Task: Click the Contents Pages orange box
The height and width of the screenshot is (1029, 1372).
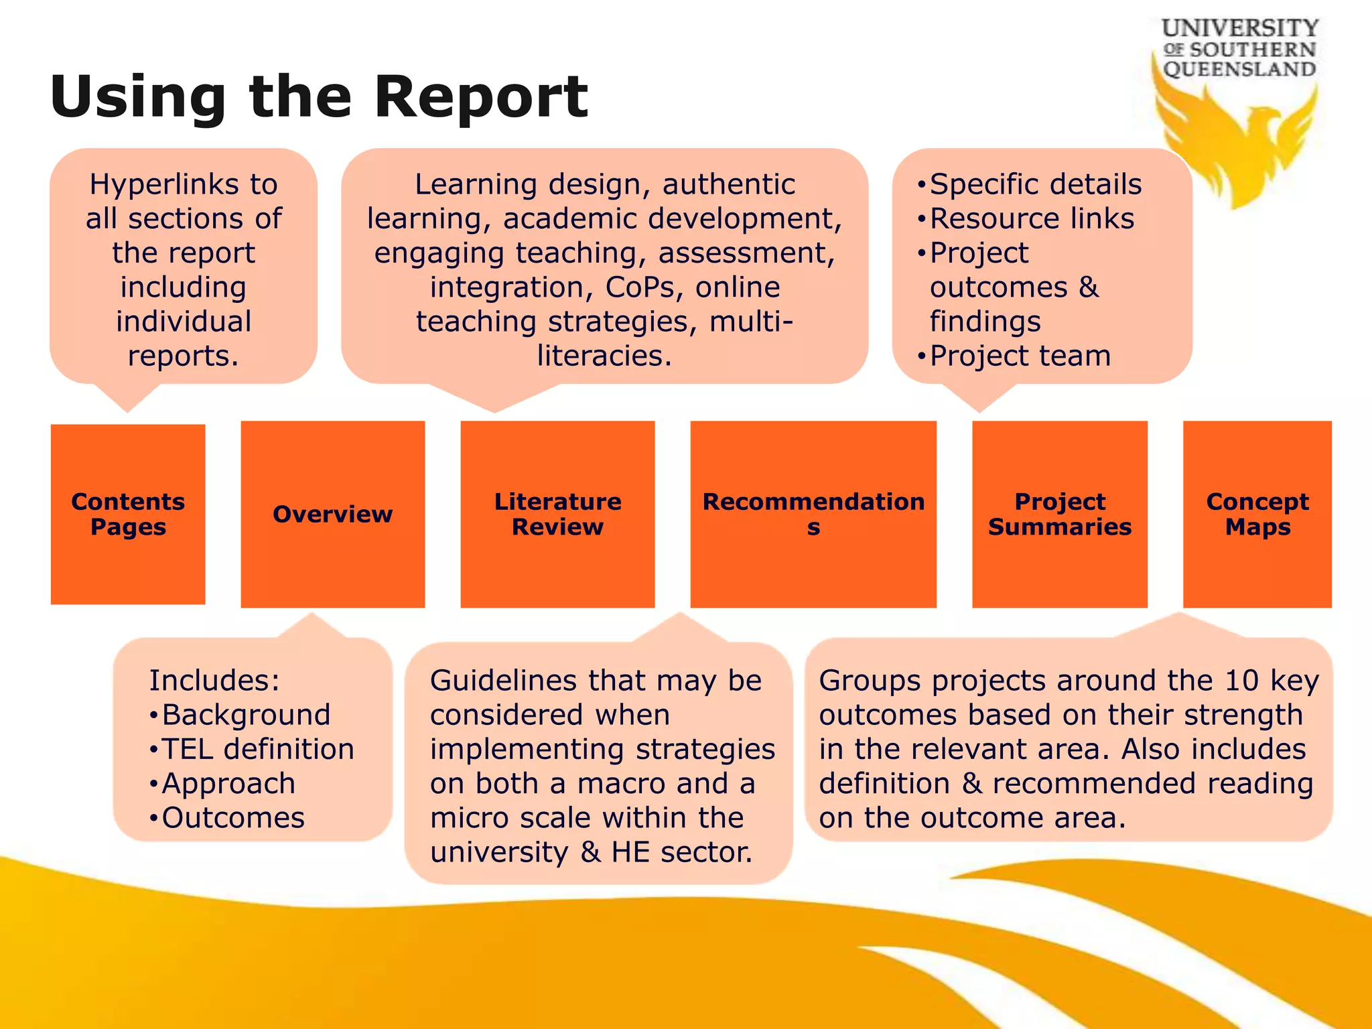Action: [128, 514]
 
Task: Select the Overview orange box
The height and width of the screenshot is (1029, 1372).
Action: [332, 514]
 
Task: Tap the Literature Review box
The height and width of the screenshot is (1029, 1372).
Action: [557, 514]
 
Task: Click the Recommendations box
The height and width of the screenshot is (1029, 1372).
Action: [813, 514]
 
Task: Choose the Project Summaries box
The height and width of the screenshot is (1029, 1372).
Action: [1059, 514]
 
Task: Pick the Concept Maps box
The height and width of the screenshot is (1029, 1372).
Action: [1257, 514]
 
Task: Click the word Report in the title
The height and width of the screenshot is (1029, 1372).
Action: [480, 97]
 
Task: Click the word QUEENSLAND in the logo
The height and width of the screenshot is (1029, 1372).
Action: [1239, 69]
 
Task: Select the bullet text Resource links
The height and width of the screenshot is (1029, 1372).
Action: [1032, 218]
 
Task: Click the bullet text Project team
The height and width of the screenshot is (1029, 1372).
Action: [1020, 356]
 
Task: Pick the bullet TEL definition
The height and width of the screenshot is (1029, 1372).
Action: [257, 749]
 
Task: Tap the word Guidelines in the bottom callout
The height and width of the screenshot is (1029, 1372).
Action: [503, 681]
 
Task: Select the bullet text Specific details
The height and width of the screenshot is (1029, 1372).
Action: [1035, 184]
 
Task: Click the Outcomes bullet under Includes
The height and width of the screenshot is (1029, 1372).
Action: [232, 818]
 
